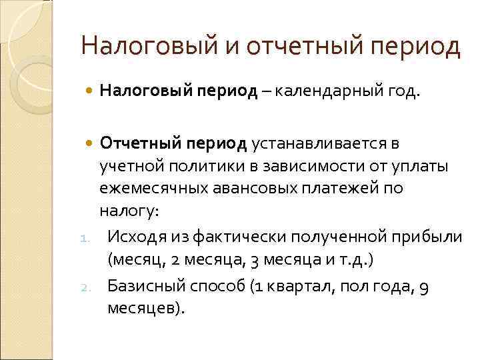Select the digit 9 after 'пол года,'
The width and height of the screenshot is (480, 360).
coord(425,287)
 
